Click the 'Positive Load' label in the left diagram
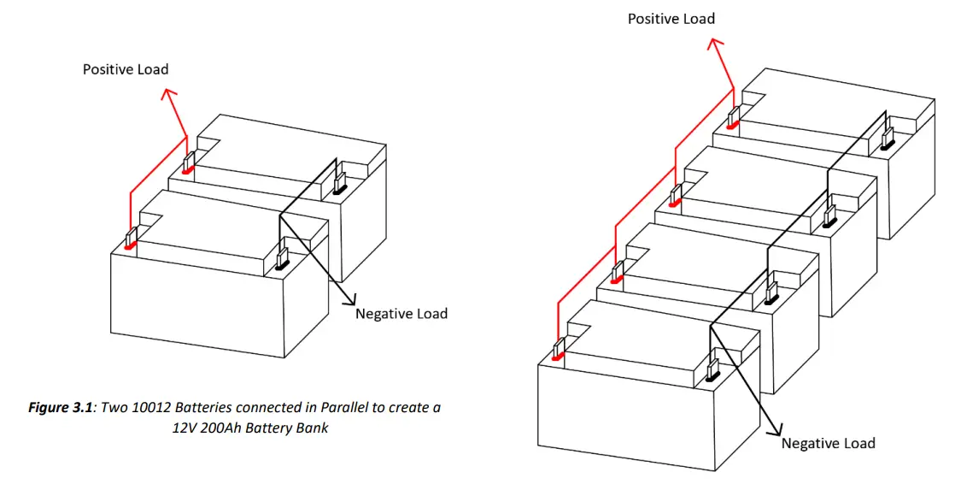click(125, 69)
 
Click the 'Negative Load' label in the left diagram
click(401, 314)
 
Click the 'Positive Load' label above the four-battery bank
click(671, 18)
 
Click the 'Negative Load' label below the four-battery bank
click(828, 443)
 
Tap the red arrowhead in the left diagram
click(170, 95)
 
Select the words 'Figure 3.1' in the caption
click(62, 408)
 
